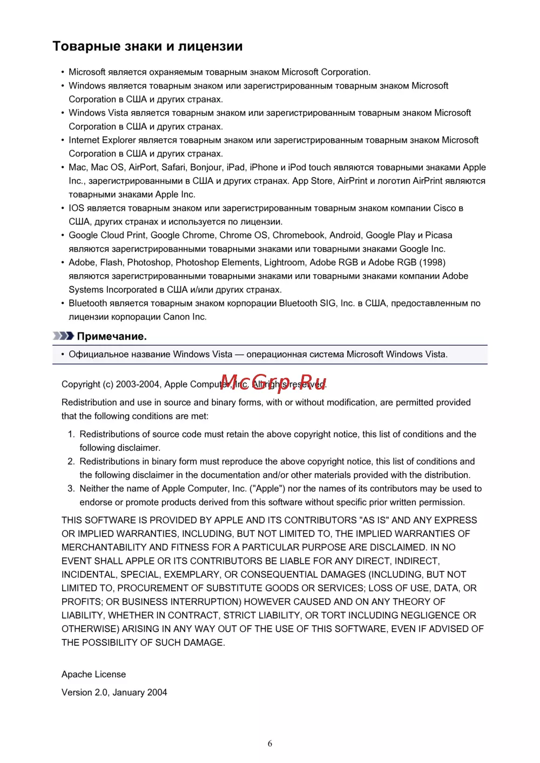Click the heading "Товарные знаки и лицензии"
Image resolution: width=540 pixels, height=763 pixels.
point(147,46)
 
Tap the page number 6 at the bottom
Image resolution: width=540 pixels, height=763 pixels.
point(270,744)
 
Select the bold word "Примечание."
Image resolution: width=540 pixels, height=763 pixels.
point(112,336)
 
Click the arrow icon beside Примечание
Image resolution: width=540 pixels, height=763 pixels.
point(63,336)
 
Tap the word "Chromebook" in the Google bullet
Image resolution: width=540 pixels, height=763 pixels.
point(299,235)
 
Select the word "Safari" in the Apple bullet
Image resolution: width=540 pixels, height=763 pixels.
point(172,167)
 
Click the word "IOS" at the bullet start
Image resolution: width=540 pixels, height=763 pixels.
point(76,208)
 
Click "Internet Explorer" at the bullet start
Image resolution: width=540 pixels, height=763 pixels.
point(102,140)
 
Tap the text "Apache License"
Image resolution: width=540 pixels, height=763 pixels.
point(93,675)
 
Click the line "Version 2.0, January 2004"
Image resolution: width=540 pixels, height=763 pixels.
point(114,692)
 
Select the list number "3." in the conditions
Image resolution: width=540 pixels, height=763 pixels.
point(71,488)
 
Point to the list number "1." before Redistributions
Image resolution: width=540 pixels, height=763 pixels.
point(71,434)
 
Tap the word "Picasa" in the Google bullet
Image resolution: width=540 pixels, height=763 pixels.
point(438,235)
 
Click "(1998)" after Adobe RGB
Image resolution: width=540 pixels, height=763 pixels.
point(432,262)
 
